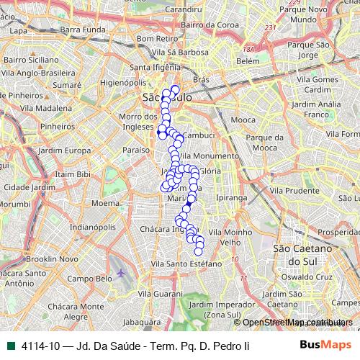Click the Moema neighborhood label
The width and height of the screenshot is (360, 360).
(106, 203)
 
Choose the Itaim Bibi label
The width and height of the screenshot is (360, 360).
(73, 174)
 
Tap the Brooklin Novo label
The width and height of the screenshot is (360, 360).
(52, 258)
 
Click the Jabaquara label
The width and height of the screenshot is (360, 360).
(140, 322)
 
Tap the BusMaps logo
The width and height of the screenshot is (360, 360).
(326, 345)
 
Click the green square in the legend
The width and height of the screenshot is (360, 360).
(8, 345)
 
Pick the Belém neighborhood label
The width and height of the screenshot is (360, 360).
(247, 62)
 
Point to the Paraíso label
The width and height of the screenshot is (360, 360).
(135, 150)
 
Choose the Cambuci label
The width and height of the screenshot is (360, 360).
(197, 135)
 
